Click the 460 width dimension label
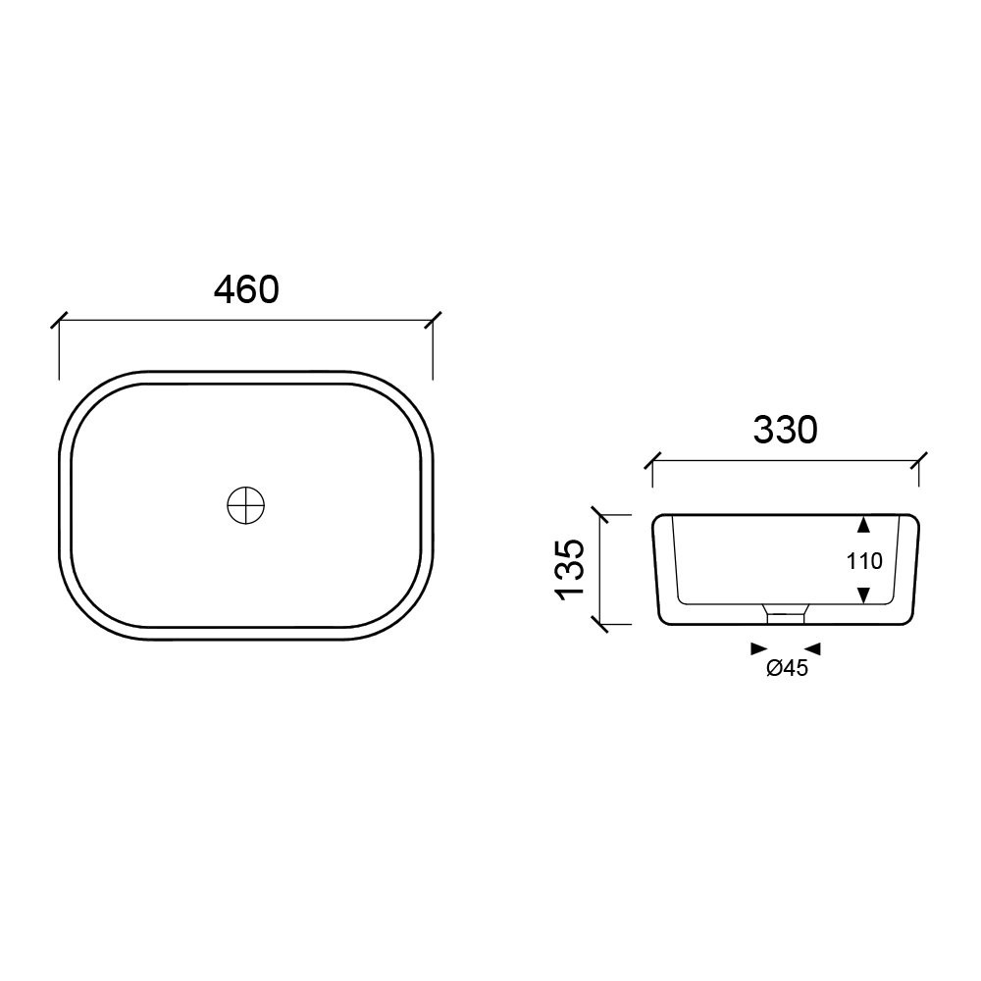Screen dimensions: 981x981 pyautogui.click(x=246, y=289)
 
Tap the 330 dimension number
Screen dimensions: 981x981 pyautogui.click(x=785, y=430)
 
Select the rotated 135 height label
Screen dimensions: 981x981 pyautogui.click(x=570, y=569)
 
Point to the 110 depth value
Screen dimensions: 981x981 pyautogui.click(x=864, y=561)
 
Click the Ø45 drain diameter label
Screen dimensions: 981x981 pyautogui.click(x=787, y=669)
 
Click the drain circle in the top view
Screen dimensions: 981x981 pyautogui.click(x=246, y=505)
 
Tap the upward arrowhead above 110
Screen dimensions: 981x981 pyautogui.click(x=863, y=524)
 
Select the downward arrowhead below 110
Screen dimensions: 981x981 pyautogui.click(x=863, y=595)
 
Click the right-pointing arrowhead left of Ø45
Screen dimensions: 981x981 pyautogui.click(x=759, y=648)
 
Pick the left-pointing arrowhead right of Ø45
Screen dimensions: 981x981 pyautogui.click(x=812, y=648)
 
